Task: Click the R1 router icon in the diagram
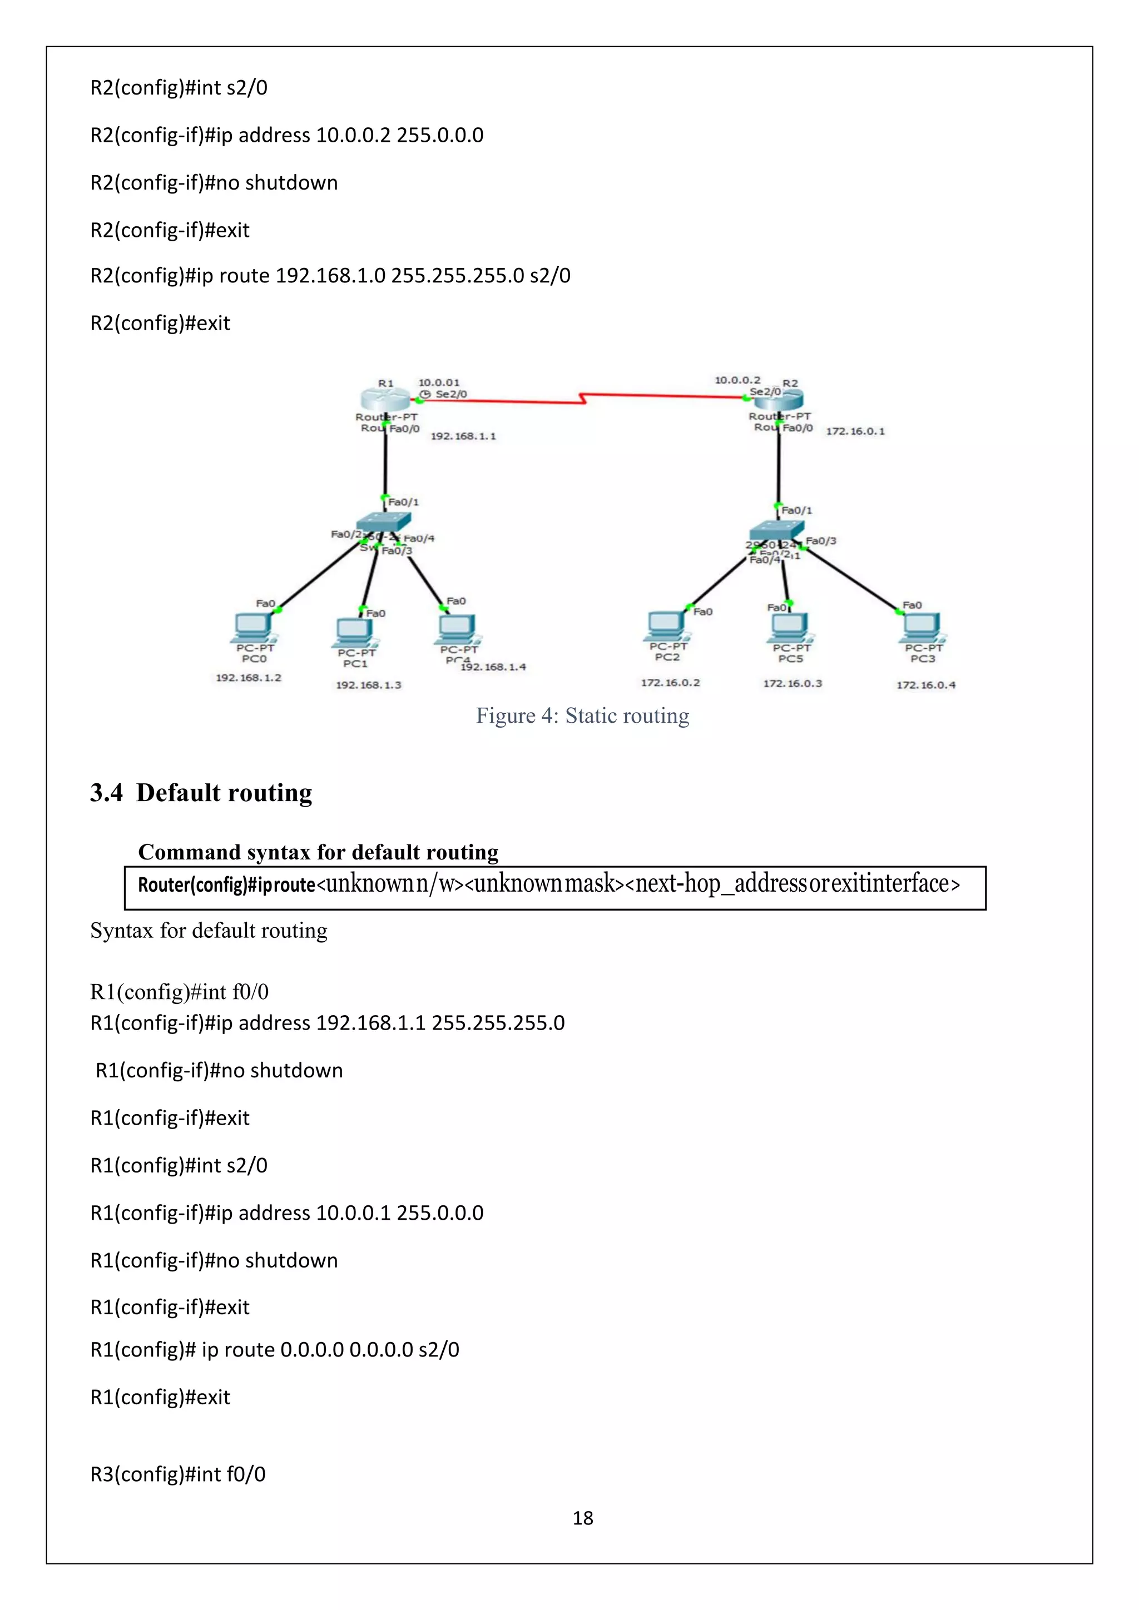[x=384, y=399]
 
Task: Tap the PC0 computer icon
[x=254, y=626]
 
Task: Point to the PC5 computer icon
[x=790, y=626]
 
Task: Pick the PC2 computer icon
[x=666, y=625]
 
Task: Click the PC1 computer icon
[x=355, y=631]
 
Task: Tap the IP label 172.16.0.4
[x=926, y=685]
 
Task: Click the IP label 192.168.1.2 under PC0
[x=248, y=678]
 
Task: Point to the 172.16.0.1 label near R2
[x=855, y=431]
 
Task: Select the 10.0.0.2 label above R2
[x=737, y=380]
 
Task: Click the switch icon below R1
[x=383, y=523]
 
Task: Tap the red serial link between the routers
[x=582, y=399]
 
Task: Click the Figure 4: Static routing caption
[x=582, y=716]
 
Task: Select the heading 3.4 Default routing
[x=201, y=793]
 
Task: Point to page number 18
[x=583, y=1518]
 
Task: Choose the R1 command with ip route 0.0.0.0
[x=275, y=1350]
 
